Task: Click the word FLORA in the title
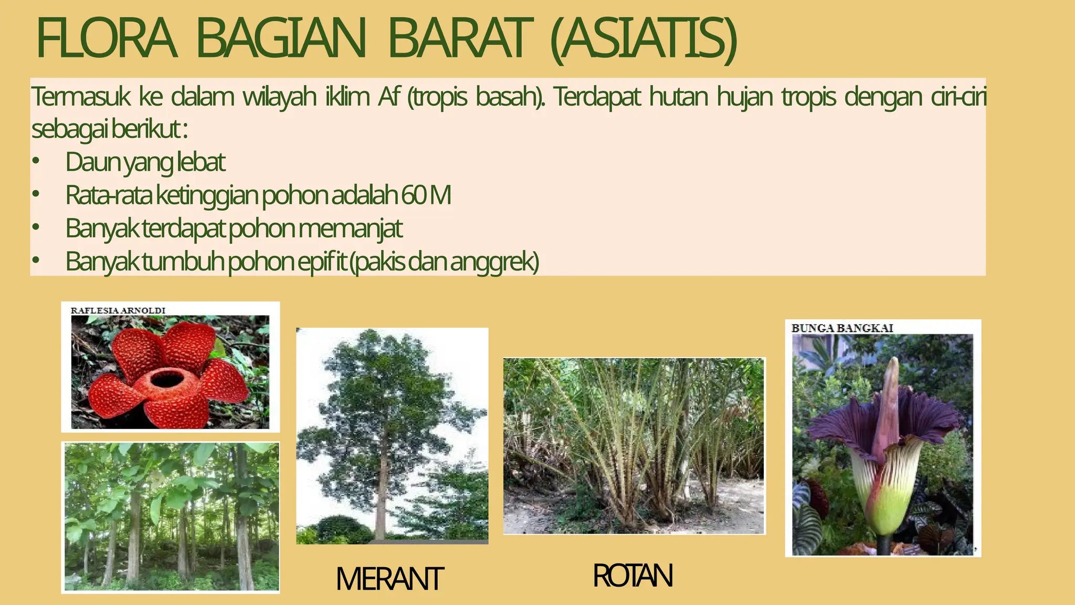click(x=105, y=39)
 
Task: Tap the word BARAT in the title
click(x=457, y=39)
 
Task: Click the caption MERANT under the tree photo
click(x=389, y=579)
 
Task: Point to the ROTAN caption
click(x=633, y=576)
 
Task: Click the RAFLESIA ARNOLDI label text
click(x=118, y=310)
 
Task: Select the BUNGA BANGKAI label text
click(x=842, y=328)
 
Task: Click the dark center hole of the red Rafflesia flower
click(x=166, y=378)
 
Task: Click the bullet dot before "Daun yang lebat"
click(x=35, y=162)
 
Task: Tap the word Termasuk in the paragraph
click(x=80, y=97)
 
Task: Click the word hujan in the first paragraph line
click(x=744, y=97)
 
